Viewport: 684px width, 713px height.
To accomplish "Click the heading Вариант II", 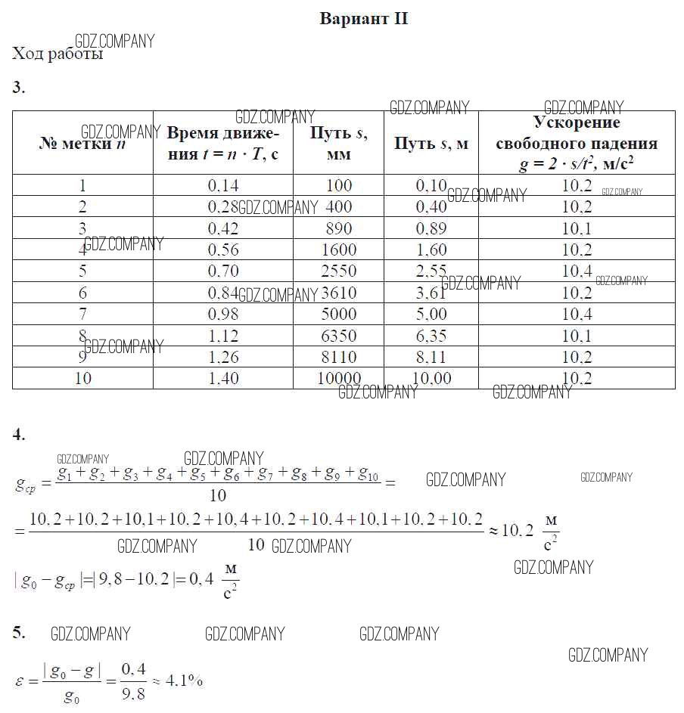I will (364, 19).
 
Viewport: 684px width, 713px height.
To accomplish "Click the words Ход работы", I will (58, 54).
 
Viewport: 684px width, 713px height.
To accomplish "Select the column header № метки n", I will (82, 144).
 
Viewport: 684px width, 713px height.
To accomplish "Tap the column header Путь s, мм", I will (338, 144).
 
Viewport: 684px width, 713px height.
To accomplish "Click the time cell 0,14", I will (222, 185).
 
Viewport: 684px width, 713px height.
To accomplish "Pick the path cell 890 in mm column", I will (338, 228).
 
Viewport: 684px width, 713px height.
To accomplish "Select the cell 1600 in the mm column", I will (338, 250).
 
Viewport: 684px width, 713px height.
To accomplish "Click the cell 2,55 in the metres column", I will (431, 271).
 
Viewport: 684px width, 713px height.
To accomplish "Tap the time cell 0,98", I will (222, 314).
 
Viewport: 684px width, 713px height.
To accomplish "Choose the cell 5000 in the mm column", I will (338, 314).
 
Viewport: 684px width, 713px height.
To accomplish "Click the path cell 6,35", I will (431, 335).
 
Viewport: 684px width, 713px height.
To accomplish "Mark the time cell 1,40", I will (222, 378).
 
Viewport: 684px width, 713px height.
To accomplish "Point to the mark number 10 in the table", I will (82, 378).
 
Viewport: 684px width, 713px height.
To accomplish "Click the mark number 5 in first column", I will (82, 271).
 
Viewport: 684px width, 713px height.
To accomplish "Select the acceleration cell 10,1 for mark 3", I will (577, 228).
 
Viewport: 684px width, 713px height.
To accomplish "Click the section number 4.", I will (19, 434).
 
